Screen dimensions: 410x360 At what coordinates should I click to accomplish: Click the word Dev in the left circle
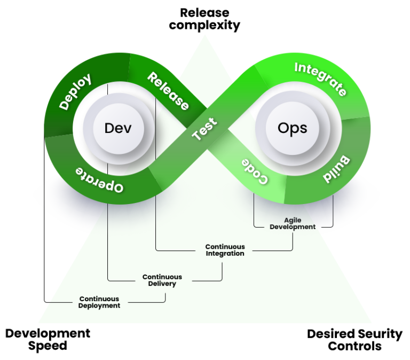pos(118,128)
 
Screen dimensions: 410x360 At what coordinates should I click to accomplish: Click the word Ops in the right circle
pos(293,129)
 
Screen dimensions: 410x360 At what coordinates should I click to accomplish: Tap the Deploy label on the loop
pos(75,91)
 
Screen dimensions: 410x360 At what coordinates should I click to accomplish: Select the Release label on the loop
pos(168,91)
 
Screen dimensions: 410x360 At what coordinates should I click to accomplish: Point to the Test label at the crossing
pos(204,129)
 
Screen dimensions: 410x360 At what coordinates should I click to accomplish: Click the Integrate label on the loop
pos(320,79)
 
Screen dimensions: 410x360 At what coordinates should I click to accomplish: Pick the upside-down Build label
pos(337,169)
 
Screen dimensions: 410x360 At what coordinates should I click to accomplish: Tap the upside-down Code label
pos(255,171)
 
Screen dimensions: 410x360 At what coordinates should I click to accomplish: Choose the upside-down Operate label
pos(99,180)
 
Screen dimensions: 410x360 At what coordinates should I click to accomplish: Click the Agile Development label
pos(293,224)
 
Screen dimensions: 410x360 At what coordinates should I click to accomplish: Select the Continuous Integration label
pos(225,250)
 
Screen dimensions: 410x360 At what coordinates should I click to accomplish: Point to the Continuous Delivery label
pos(162,280)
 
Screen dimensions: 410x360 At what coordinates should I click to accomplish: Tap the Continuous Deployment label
pos(99,302)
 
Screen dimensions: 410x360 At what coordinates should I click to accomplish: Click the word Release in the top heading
pos(205,13)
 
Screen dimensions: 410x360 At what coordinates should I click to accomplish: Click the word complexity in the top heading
pos(204,26)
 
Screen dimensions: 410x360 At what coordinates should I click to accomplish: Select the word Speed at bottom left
pos(48,346)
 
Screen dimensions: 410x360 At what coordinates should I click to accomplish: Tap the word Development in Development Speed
pos(48,334)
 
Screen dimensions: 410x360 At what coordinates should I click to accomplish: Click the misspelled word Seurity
pos(380,334)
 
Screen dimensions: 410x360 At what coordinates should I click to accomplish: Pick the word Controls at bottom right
pos(354,346)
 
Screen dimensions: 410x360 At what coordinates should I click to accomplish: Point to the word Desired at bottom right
pos(332,334)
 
